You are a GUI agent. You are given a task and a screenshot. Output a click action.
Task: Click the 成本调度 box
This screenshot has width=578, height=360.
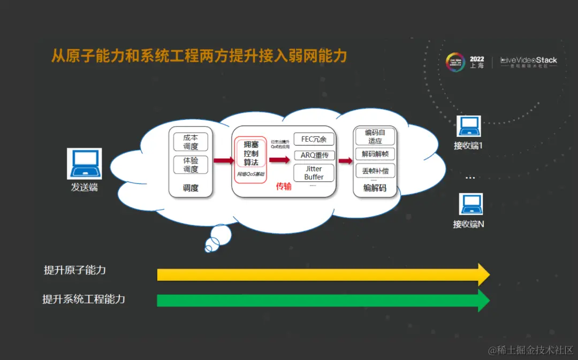tap(191, 142)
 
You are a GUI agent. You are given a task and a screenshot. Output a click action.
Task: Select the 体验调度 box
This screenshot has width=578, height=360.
tap(191, 165)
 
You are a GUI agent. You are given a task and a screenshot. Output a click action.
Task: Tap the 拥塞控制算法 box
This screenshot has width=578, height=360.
tap(250, 154)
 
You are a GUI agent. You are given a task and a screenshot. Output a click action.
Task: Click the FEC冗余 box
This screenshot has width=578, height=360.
tap(314, 139)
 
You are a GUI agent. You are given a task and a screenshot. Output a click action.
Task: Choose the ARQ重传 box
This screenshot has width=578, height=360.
tap(314, 156)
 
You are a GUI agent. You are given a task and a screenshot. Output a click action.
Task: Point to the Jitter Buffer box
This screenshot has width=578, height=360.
tap(314, 173)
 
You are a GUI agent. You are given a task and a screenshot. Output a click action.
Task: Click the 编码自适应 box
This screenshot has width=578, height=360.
tap(375, 136)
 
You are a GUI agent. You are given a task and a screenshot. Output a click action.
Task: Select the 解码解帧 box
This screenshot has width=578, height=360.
tap(375, 154)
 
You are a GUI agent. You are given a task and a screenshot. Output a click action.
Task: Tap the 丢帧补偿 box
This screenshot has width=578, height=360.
tap(375, 171)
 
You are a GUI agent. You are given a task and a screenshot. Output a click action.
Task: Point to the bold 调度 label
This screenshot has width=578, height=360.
tap(191, 188)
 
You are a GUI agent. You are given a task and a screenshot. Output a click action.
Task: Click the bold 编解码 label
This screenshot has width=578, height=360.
tap(375, 188)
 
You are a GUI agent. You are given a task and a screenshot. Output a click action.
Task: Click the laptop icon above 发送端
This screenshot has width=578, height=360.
tap(84, 163)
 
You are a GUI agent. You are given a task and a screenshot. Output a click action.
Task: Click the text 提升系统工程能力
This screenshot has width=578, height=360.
tap(83, 299)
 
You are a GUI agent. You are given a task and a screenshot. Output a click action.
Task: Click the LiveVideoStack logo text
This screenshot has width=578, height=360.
tap(529, 60)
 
